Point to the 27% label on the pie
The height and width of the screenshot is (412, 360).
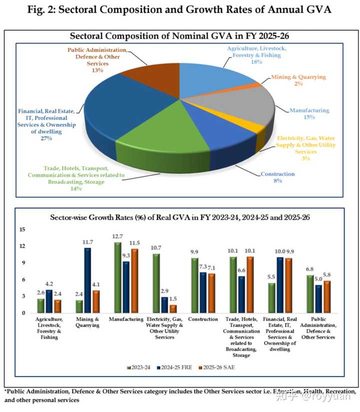(47, 138)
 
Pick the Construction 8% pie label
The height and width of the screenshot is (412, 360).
(277, 178)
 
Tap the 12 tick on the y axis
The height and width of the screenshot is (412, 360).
(22, 246)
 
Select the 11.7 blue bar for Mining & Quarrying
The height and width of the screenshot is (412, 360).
(88, 280)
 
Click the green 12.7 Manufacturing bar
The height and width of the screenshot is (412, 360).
(117, 277)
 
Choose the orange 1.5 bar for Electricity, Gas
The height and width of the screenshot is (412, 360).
(172, 309)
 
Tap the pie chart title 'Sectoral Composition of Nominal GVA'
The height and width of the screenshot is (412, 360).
(179, 36)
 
